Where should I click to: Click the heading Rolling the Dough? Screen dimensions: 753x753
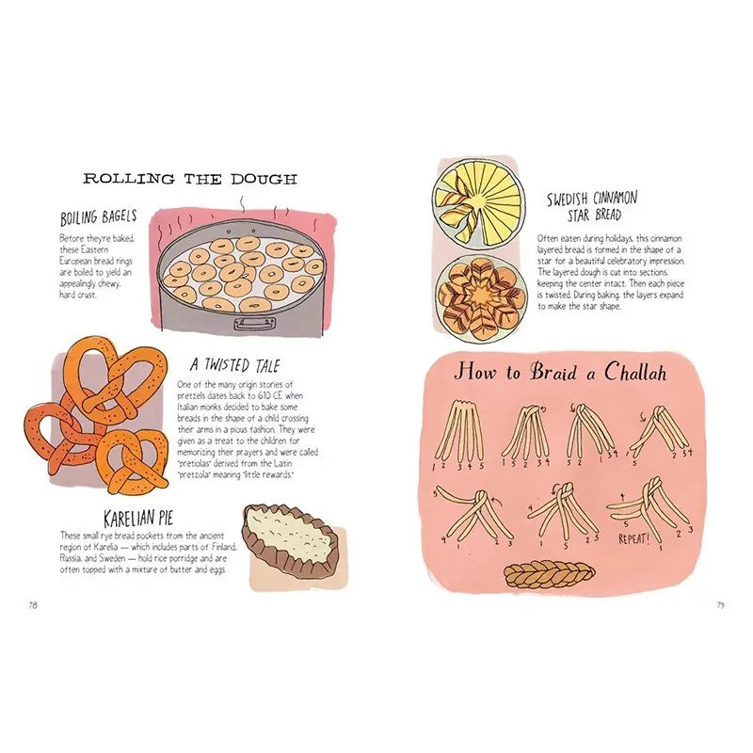190,178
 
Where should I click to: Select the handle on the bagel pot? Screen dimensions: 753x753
252,323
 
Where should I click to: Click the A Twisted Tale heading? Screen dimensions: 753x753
234,365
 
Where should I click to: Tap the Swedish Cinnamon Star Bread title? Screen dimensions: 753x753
592,205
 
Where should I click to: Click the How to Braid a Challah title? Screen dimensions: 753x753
561,371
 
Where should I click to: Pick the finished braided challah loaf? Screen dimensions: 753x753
550,573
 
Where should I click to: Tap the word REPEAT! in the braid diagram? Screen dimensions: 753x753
639,540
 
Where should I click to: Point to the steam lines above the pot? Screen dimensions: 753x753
242,202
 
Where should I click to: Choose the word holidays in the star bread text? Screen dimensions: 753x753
620,238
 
